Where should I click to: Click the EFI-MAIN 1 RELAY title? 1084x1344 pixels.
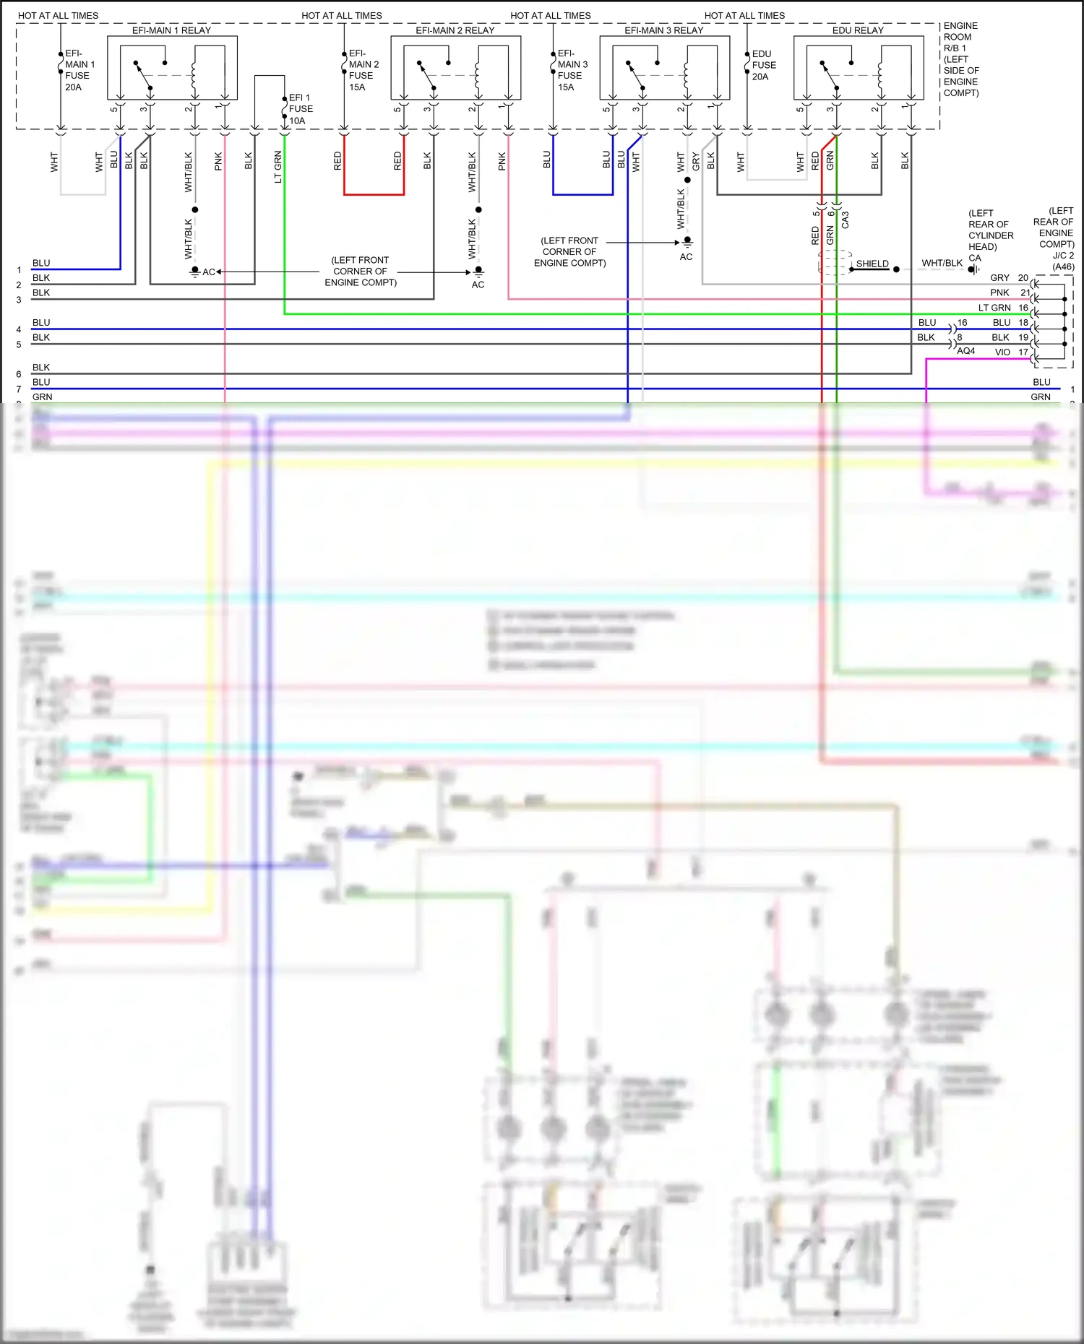tap(171, 30)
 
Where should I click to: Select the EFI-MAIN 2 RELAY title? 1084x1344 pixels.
tap(455, 30)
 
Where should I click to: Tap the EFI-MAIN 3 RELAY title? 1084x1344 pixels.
tap(663, 30)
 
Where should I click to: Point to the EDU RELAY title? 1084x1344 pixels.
tap(858, 30)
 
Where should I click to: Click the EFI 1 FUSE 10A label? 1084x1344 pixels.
tap(301, 109)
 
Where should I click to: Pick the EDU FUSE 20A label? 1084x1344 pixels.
tap(764, 65)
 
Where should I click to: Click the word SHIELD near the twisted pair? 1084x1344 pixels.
tap(872, 264)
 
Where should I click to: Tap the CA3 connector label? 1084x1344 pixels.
tap(846, 220)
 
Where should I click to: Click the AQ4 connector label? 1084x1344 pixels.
tap(965, 351)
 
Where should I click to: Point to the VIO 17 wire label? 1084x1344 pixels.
tap(1011, 352)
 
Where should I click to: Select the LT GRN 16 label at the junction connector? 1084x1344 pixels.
tap(1003, 308)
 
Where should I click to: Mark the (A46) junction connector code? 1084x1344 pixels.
tap(1063, 266)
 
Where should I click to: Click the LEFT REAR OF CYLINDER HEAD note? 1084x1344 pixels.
tap(991, 230)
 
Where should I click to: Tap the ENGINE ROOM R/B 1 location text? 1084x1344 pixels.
tap(960, 59)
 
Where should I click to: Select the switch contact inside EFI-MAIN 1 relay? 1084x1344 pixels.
tap(142, 74)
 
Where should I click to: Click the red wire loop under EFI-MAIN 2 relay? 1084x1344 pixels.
tap(374, 194)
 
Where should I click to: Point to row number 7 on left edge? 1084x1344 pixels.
tap(19, 389)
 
